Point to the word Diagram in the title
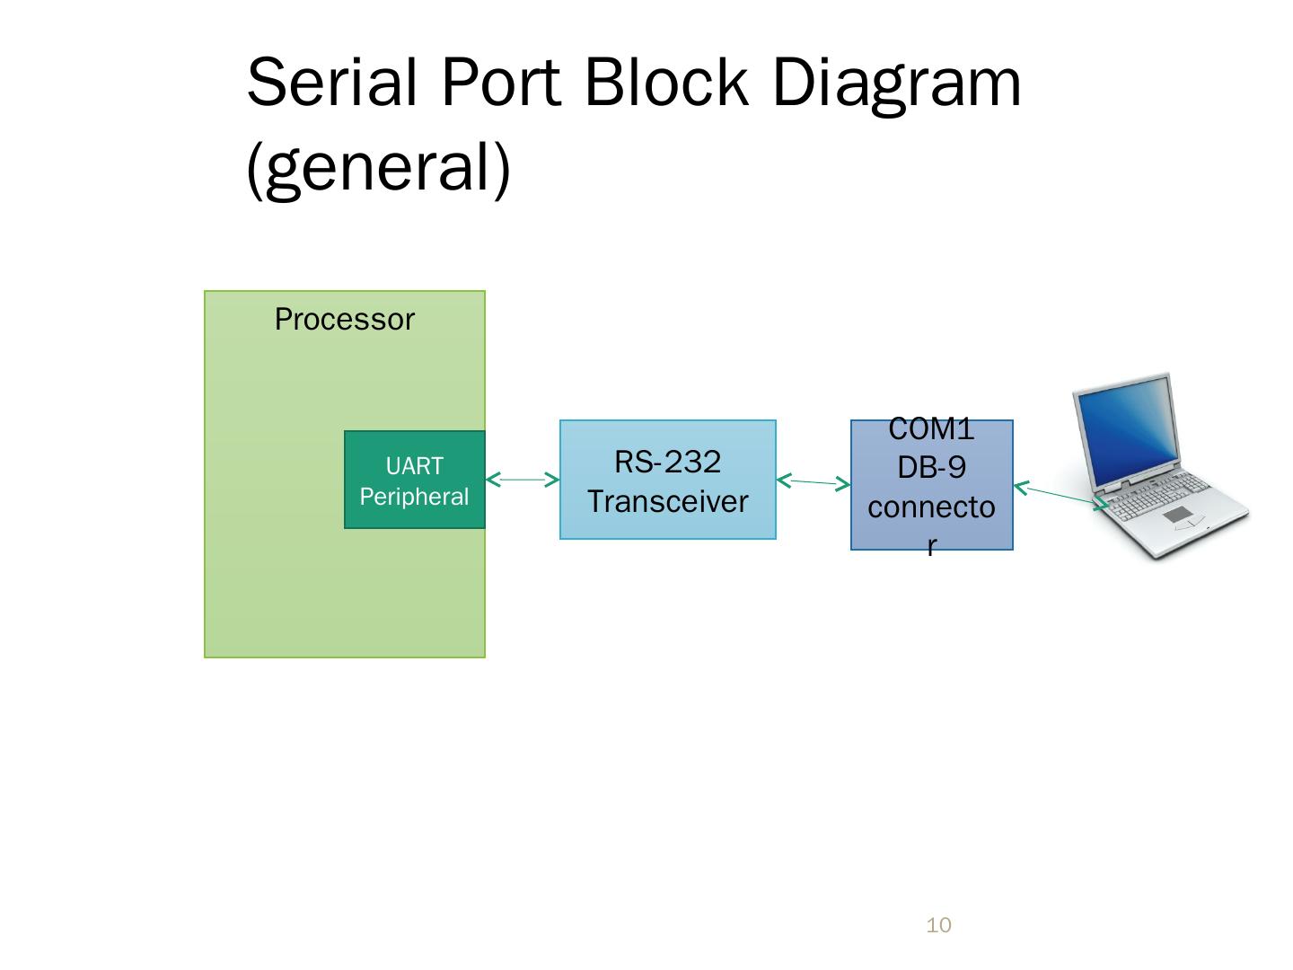coord(896,86)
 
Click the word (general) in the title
coord(378,170)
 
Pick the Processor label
coord(345,319)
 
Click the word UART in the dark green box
coord(414,466)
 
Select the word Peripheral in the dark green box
coord(414,497)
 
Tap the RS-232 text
coord(667,462)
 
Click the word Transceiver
coord(667,502)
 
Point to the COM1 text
coord(931,428)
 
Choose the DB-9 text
coord(931,468)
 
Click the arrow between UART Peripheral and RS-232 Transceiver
coord(523,480)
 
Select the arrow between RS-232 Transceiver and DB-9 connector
coord(814,482)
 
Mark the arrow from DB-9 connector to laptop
coord(1061,496)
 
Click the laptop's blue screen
coord(1128,429)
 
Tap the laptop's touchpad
coord(1177,516)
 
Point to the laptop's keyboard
coord(1157,494)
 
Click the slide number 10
coord(938,925)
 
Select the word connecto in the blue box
coord(931,507)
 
